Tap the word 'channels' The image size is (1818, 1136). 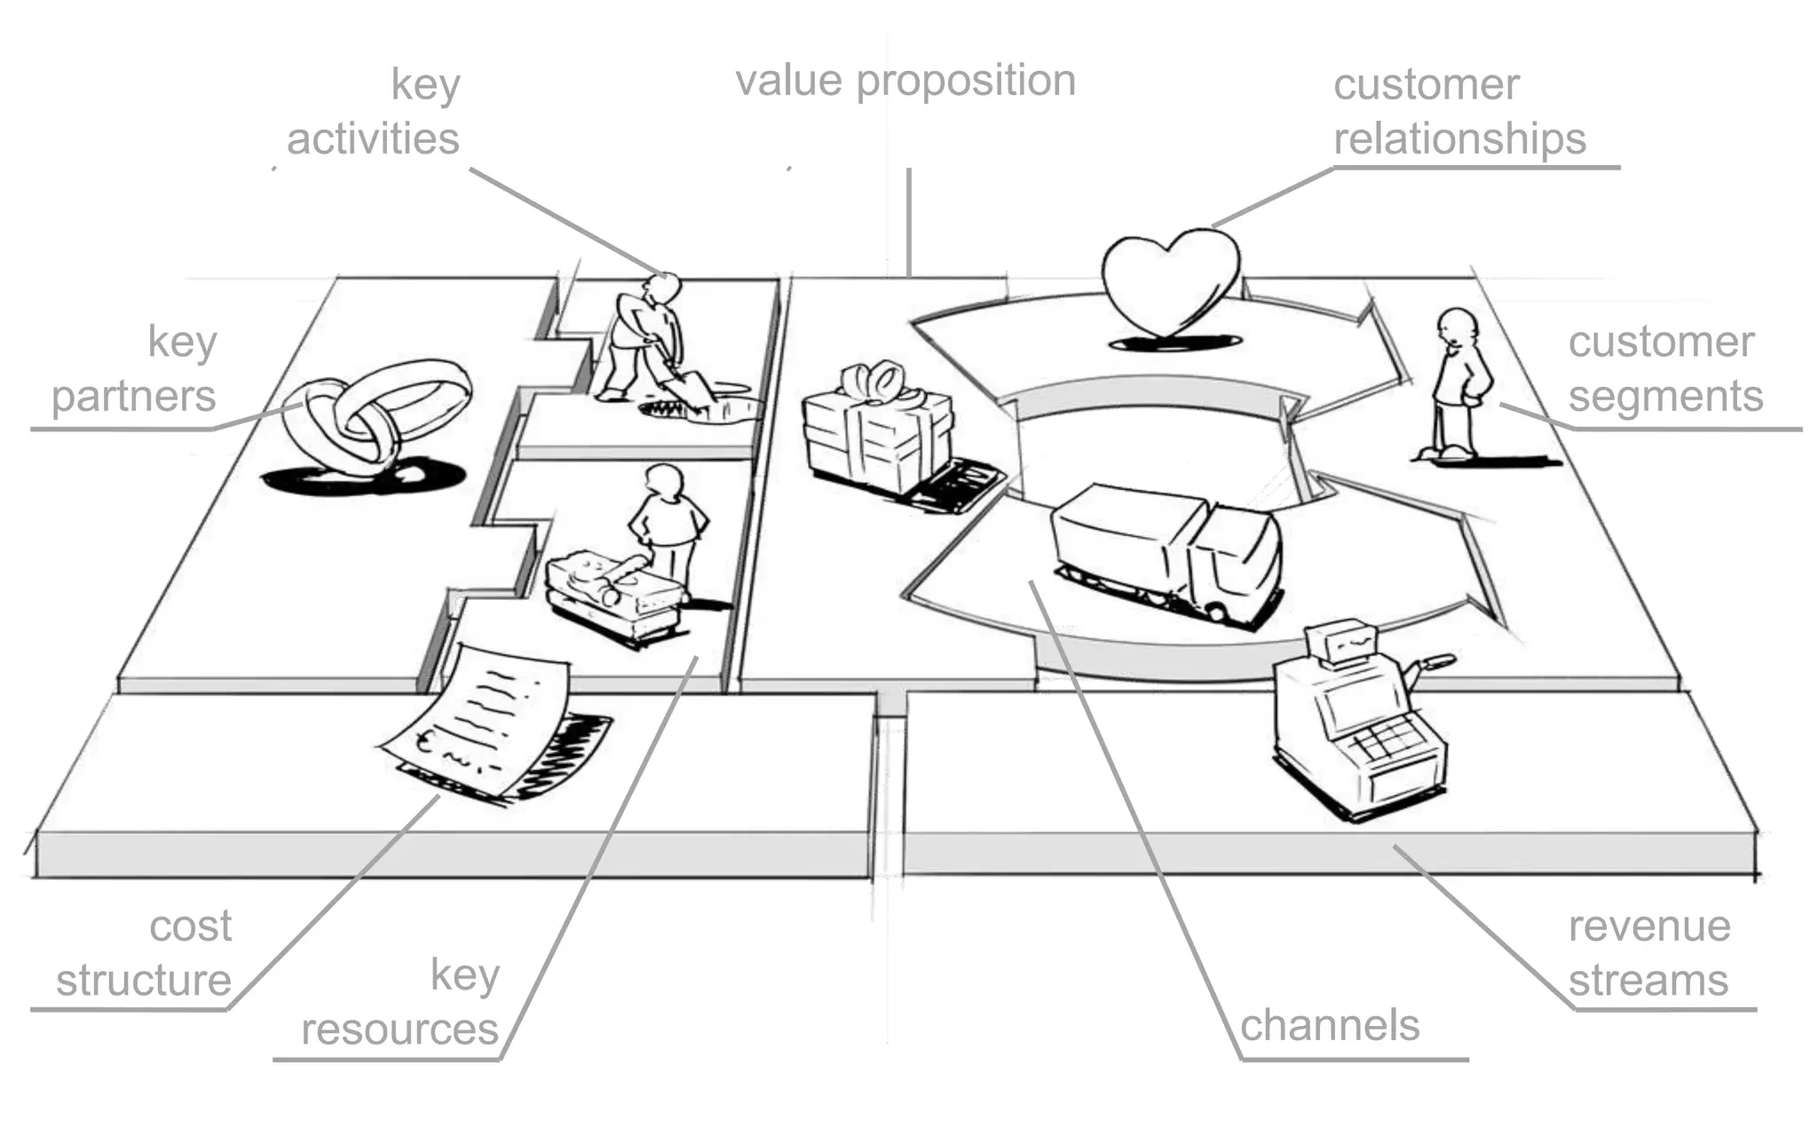(x=1329, y=1025)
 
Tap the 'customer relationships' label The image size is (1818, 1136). (x=1458, y=113)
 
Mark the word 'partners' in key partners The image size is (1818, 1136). (x=134, y=397)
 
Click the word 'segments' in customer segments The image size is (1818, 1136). (x=1665, y=397)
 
